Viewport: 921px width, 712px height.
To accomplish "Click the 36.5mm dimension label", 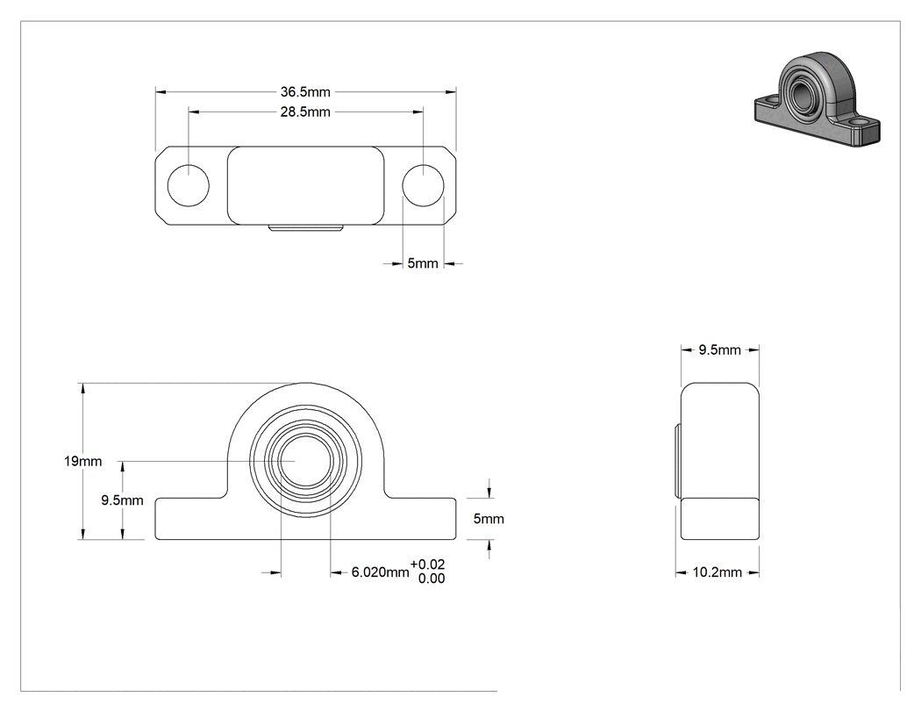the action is [305, 91].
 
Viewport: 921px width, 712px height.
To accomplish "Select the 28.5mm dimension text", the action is [305, 111].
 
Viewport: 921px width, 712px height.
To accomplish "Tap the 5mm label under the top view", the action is [423, 263].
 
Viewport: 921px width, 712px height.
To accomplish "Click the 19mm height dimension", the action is [82, 462].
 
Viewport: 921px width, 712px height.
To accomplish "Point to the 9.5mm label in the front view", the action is [122, 500].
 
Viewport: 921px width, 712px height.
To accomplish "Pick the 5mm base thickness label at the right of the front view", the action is [489, 519].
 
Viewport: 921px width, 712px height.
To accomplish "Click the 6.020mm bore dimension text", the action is [380, 572].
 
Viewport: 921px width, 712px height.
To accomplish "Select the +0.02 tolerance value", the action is [428, 565].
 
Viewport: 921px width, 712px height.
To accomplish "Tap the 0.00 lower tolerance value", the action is [432, 579].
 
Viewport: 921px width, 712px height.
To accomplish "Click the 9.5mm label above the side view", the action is [719, 350].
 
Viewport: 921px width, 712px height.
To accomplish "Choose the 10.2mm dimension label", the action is [718, 572].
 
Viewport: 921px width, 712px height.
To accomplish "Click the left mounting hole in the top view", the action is [189, 186].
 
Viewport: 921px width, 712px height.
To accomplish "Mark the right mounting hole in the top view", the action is [423, 186].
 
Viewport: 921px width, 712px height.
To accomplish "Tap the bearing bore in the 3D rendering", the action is [800, 91].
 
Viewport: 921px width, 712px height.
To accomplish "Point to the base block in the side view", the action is [720, 519].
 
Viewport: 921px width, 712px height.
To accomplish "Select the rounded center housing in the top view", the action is [306, 186].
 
